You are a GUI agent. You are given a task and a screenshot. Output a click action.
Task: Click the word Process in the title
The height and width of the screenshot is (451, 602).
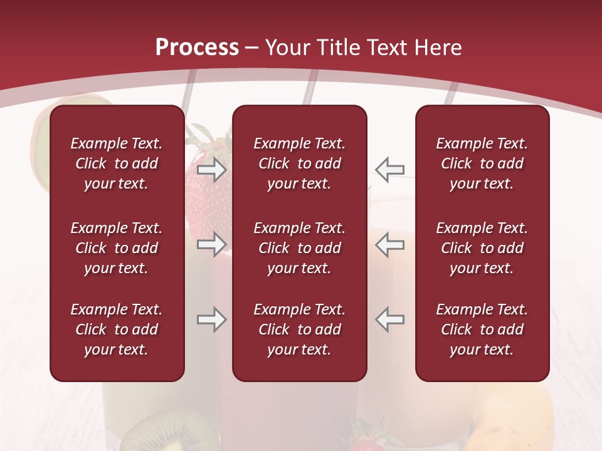[x=197, y=48]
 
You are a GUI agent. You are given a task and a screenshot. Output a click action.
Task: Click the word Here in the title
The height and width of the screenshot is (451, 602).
[x=438, y=48]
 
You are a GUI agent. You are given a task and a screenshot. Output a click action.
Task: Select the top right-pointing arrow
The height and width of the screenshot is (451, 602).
[x=211, y=169]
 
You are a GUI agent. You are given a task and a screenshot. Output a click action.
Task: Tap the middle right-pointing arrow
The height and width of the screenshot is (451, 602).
[x=211, y=244]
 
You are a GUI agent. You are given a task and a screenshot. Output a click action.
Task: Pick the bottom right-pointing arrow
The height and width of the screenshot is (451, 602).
[x=211, y=319]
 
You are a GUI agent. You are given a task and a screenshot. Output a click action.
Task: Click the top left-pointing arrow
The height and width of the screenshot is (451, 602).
[x=389, y=169]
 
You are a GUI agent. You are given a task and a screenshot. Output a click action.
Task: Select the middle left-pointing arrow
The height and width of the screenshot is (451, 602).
[x=389, y=244]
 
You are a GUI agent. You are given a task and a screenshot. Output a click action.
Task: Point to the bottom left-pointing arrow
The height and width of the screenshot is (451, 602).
[x=389, y=319]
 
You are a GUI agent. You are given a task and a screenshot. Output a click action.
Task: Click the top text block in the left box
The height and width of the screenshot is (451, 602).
[x=117, y=163]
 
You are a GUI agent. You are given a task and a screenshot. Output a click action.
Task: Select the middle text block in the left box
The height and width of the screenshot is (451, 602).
[x=117, y=248]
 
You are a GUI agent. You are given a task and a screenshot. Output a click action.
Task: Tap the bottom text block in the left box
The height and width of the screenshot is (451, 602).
[x=117, y=329]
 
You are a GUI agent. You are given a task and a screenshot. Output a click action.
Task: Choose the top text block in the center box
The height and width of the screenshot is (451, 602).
[x=299, y=163]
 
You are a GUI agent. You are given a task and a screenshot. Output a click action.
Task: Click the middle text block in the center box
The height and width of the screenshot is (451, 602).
[x=299, y=248]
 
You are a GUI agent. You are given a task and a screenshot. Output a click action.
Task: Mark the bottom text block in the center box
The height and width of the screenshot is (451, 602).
[x=299, y=329]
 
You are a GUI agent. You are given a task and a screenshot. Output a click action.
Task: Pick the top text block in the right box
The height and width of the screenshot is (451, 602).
[x=482, y=163]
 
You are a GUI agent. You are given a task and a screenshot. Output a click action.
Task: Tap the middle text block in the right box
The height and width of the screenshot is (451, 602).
[x=482, y=248]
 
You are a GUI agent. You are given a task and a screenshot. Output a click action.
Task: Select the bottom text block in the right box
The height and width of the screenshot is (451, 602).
[x=482, y=329]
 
